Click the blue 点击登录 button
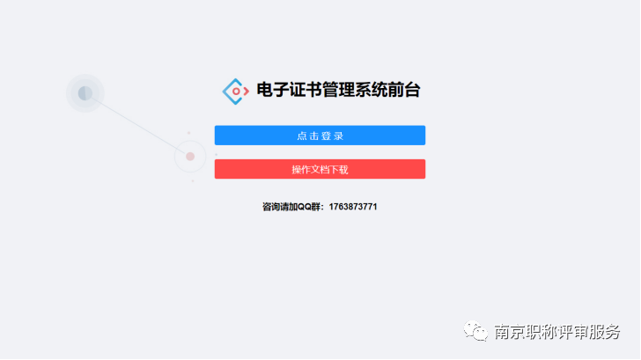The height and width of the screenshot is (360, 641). [320, 136]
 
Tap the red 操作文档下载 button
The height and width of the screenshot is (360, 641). [320, 169]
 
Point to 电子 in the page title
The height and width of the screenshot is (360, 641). [273, 90]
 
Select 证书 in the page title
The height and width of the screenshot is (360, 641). [306, 90]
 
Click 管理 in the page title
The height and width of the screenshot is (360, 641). [339, 90]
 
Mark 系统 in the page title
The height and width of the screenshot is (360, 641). [372, 90]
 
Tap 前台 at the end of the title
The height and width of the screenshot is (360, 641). [404, 90]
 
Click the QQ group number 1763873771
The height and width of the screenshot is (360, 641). [353, 207]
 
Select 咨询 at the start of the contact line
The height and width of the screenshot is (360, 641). [270, 207]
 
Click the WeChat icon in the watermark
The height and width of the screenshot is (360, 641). [475, 332]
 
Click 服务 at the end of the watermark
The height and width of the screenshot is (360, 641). [607, 332]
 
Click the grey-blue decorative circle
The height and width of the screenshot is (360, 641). [85, 92]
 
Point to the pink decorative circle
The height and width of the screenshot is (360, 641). [190, 157]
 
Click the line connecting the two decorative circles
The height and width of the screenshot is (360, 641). [136, 124]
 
